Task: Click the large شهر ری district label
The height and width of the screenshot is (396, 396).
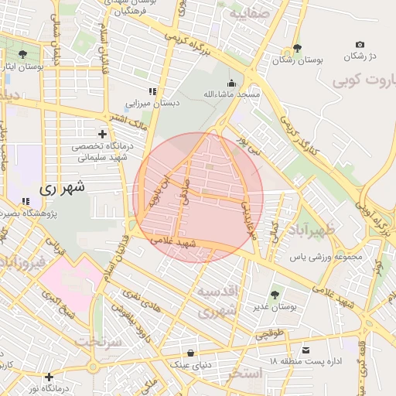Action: [60, 187]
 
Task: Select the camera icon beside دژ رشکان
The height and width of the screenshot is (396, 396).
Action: [360, 45]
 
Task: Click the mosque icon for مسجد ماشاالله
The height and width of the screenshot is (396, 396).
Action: [230, 83]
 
